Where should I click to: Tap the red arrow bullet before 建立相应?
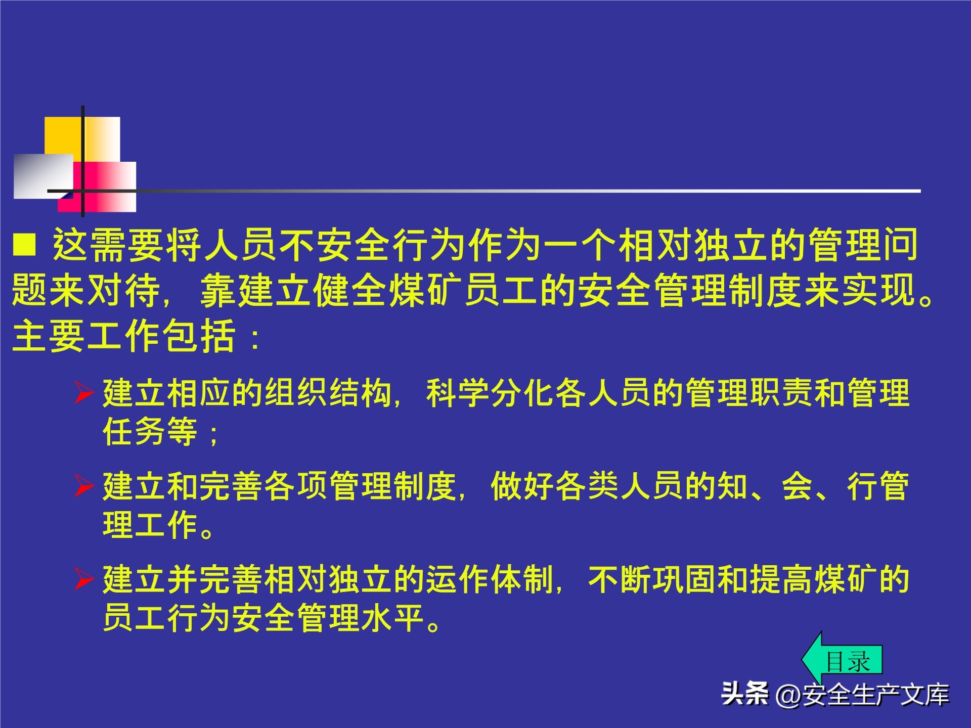[x=84, y=393]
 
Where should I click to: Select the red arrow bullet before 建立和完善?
[x=84, y=486]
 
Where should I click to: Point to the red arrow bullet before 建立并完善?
[x=84, y=579]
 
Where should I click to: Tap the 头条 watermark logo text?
[x=744, y=694]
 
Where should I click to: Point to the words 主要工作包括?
[x=124, y=337]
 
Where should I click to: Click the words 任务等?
[x=150, y=432]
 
